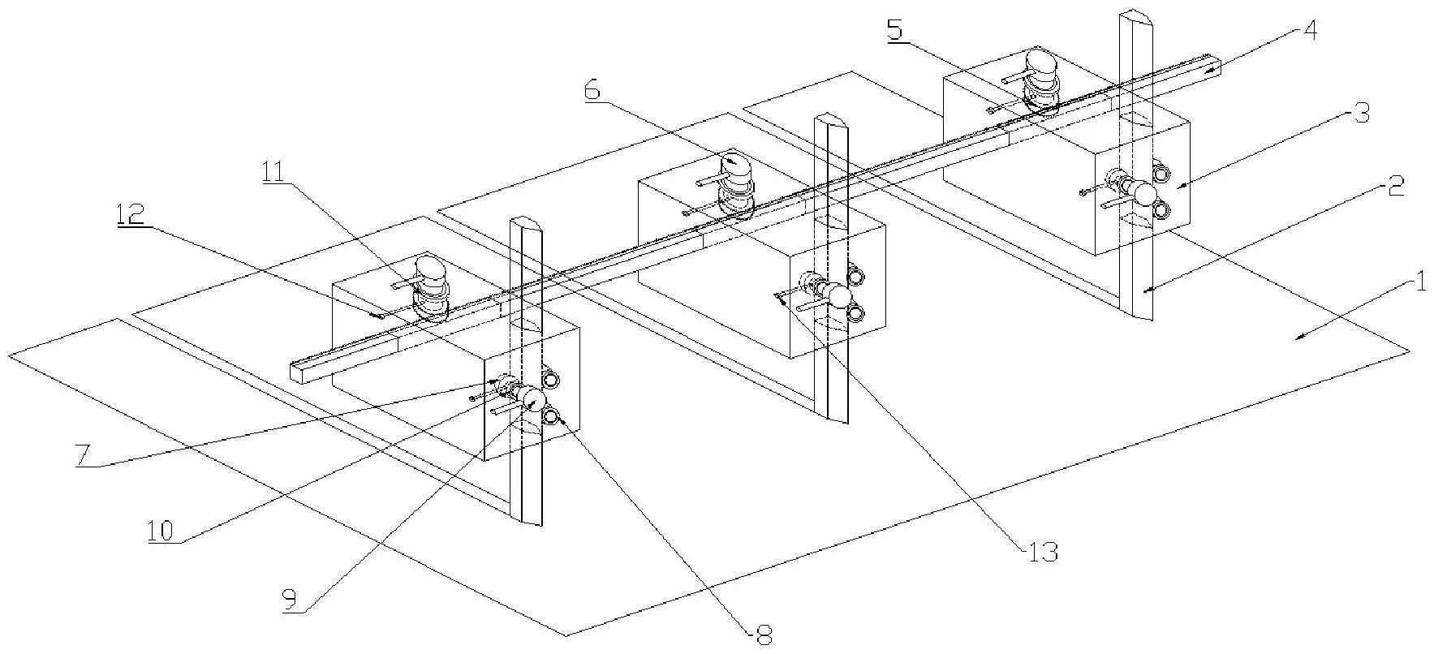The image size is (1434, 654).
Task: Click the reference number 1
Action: (x=1419, y=283)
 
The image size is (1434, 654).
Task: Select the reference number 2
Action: (x=1394, y=187)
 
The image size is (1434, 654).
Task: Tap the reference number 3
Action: (x=1362, y=114)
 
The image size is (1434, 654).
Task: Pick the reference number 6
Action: (x=593, y=90)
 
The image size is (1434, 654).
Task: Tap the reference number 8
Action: (x=763, y=635)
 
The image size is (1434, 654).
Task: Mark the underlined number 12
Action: (x=131, y=214)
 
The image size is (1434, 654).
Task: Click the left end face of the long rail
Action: (x=300, y=370)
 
